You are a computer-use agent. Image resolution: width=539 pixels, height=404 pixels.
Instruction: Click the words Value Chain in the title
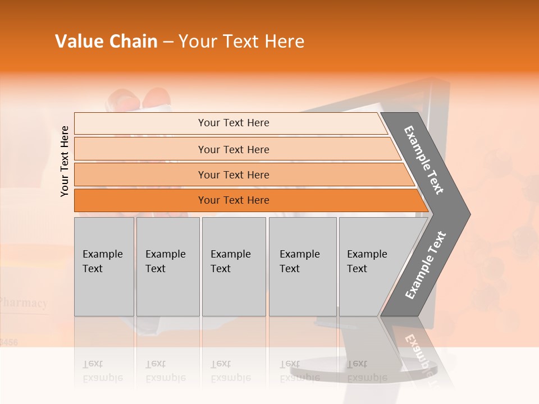pyautogui.click(x=106, y=42)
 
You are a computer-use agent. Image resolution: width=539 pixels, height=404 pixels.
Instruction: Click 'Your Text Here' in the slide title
pyautogui.click(x=241, y=42)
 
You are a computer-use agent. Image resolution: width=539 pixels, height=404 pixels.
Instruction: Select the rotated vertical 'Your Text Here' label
pyautogui.click(x=65, y=161)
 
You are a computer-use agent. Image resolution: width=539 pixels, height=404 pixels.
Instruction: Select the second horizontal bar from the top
pyautogui.click(x=234, y=149)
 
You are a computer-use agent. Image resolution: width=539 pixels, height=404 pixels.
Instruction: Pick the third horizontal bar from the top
pyautogui.click(x=234, y=175)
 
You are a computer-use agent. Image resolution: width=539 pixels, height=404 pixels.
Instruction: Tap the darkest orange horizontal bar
pyautogui.click(x=234, y=200)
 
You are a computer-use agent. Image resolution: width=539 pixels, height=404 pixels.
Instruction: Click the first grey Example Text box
pyautogui.click(x=104, y=267)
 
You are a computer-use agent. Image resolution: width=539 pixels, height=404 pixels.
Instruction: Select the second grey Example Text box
pyautogui.click(x=167, y=267)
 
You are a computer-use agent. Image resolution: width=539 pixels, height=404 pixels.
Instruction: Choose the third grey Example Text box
pyautogui.click(x=234, y=267)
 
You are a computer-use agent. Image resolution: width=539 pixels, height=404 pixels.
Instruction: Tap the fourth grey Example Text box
pyautogui.click(x=302, y=267)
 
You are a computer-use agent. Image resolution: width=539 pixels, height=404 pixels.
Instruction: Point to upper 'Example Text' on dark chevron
pyautogui.click(x=424, y=160)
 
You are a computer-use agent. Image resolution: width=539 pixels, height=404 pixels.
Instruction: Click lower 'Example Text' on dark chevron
pyautogui.click(x=426, y=265)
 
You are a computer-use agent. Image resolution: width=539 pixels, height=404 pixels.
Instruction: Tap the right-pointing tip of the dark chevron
pyautogui.click(x=467, y=214)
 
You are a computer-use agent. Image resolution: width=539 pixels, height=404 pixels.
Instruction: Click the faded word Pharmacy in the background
pyautogui.click(x=24, y=303)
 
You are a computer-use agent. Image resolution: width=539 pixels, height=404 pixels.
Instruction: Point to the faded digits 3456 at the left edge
pyautogui.click(x=8, y=342)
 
